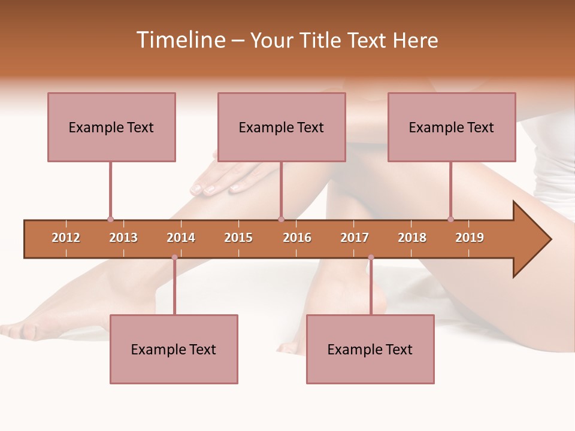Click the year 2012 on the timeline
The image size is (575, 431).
click(66, 238)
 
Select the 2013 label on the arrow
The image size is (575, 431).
click(123, 238)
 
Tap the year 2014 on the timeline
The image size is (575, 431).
click(181, 238)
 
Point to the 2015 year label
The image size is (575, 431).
click(238, 238)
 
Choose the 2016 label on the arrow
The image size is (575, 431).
click(297, 238)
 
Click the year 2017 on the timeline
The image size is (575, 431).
click(355, 238)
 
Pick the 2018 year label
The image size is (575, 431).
click(412, 238)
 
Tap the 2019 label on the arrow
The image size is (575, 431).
click(470, 238)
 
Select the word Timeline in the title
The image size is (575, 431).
click(180, 40)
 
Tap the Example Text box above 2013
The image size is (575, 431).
click(111, 127)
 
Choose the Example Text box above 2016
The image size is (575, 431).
click(282, 127)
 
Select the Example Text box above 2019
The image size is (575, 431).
click(452, 127)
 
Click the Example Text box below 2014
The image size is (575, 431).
click(174, 349)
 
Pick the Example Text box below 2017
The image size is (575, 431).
click(370, 349)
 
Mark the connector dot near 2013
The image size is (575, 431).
click(110, 219)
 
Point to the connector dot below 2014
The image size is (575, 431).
click(174, 257)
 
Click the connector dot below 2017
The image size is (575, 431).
click(371, 257)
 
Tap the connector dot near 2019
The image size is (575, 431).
click(450, 219)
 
